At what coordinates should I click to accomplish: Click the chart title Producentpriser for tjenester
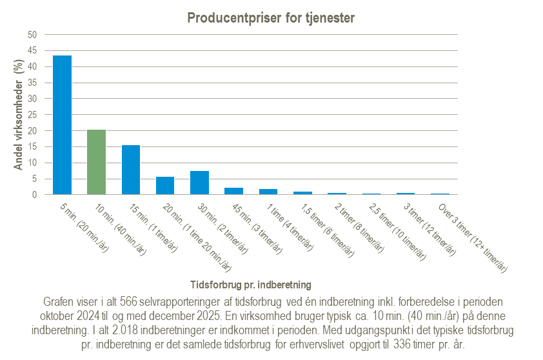pos(271,18)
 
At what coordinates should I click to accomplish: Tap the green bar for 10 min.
pos(96,162)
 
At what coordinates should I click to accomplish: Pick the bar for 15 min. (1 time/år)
pos(131,170)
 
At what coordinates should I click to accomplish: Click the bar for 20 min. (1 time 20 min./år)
pos(165,186)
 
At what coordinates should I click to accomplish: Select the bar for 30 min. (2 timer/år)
pos(199,183)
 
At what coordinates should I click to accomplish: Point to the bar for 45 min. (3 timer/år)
pos(233,191)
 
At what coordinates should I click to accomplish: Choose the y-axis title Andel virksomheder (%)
pos(19,115)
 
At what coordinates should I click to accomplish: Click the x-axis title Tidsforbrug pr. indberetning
pos(252,285)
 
